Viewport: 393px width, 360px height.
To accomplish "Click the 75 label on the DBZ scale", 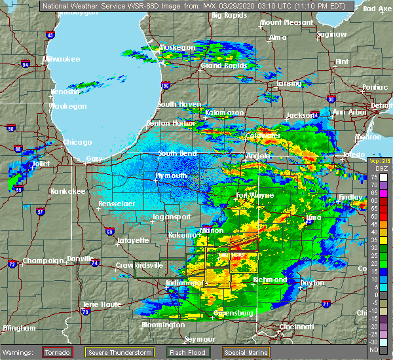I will [373, 177].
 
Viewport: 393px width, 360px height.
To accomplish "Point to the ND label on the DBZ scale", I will [373, 349].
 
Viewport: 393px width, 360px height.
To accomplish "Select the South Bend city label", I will [178, 154].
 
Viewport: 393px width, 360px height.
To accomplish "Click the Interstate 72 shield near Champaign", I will [12, 264].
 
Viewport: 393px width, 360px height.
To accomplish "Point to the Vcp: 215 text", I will [377, 161].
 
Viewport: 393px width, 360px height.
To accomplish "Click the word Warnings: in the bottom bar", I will [20, 352].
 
